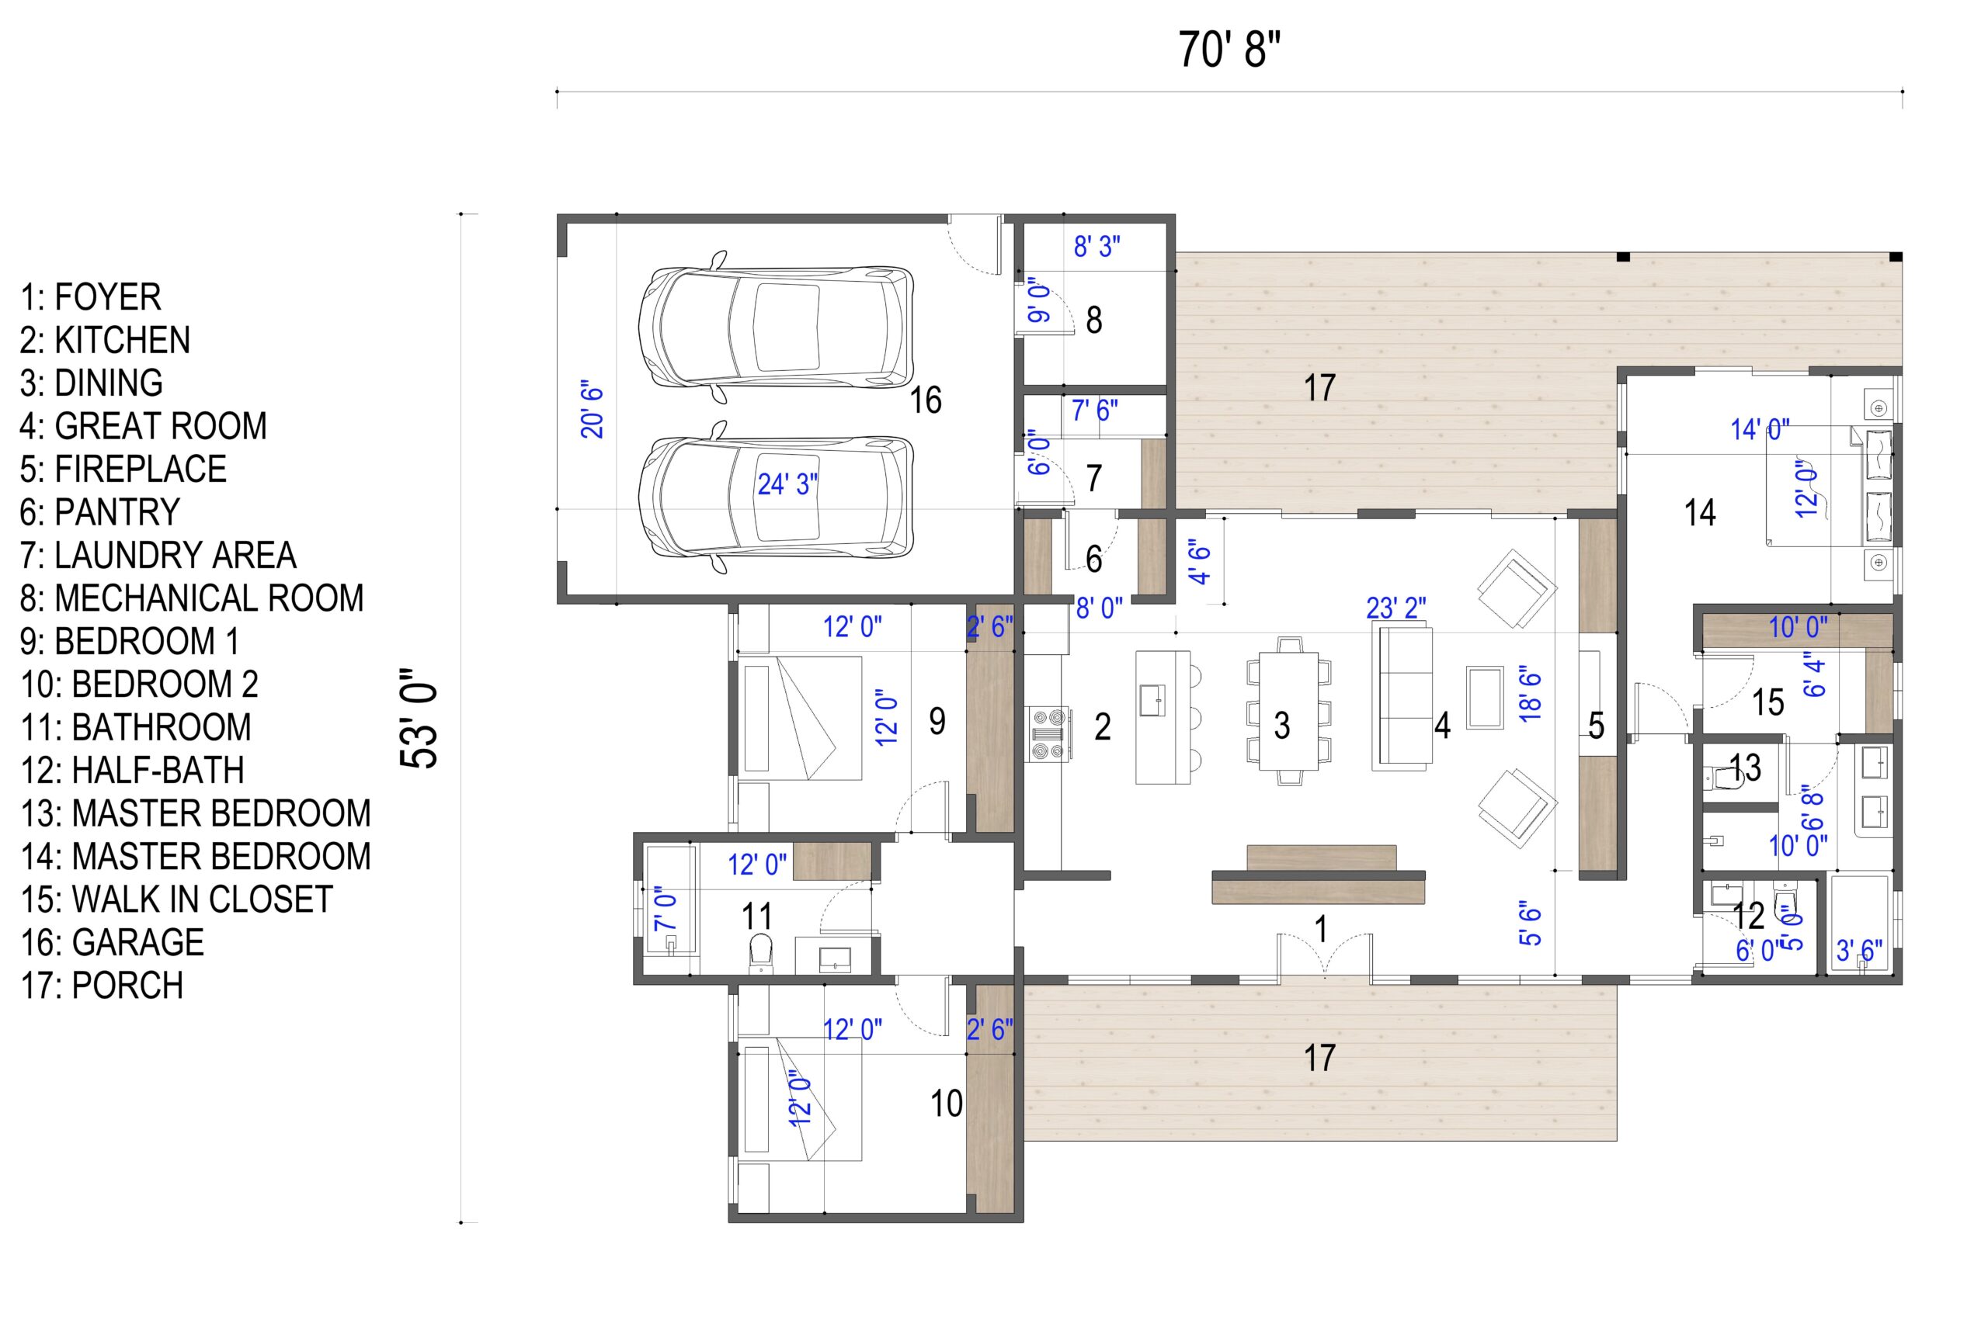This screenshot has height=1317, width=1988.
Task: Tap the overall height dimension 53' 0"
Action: click(x=419, y=718)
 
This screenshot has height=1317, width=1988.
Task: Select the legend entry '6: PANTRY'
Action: click(x=100, y=511)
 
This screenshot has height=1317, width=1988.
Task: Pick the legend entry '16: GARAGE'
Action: click(x=112, y=941)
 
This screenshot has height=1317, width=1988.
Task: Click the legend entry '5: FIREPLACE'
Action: click(x=123, y=469)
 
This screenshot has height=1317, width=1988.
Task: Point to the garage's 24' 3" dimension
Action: click(x=787, y=484)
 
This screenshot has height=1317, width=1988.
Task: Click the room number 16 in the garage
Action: click(x=926, y=400)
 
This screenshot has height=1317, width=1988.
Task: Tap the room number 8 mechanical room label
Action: click(x=1094, y=320)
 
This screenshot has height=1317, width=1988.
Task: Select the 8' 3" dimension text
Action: click(x=1097, y=247)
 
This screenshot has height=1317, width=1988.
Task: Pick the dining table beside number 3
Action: click(x=1288, y=711)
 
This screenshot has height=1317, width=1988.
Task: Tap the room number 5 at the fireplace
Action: click(x=1596, y=725)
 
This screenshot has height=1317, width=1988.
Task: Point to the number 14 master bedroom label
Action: click(x=1700, y=512)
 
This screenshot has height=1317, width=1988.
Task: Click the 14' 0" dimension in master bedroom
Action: click(x=1760, y=429)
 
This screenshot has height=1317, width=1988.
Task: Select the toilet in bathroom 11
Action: click(x=760, y=951)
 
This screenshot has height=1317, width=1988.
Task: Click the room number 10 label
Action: click(x=946, y=1103)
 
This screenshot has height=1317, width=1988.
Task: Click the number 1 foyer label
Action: click(x=1321, y=930)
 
